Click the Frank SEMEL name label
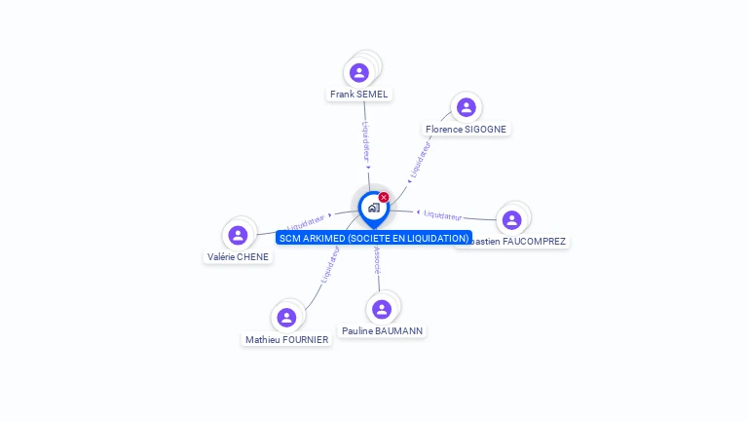pos(358,95)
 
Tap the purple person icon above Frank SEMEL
pos(358,72)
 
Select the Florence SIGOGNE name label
pos(466,129)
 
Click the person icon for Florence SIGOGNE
pos(466,107)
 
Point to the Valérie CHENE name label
pos(238,256)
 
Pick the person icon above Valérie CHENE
pos(238,235)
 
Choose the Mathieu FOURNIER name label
pos(286,339)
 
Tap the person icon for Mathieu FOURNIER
pos(286,318)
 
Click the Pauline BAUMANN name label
pos(382,331)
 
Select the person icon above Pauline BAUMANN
pos(382,309)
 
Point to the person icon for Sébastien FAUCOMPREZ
pos(512,220)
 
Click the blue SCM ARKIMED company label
pos(373,238)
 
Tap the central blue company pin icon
pos(373,208)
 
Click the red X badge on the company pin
pos(384,198)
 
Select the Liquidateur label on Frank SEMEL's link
pos(366,141)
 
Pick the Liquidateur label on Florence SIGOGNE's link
pos(421,157)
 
